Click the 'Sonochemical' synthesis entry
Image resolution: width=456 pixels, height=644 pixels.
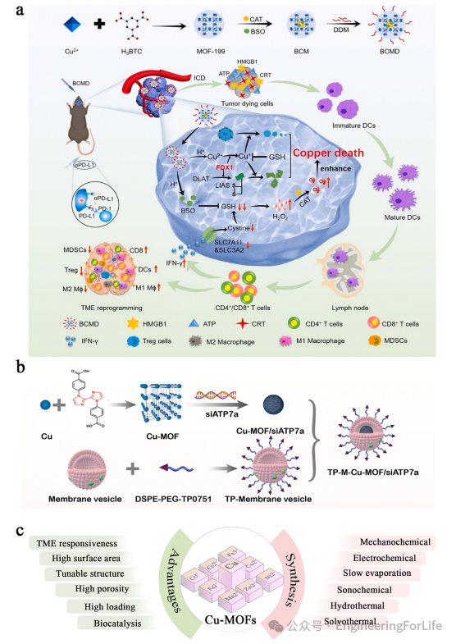367,589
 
